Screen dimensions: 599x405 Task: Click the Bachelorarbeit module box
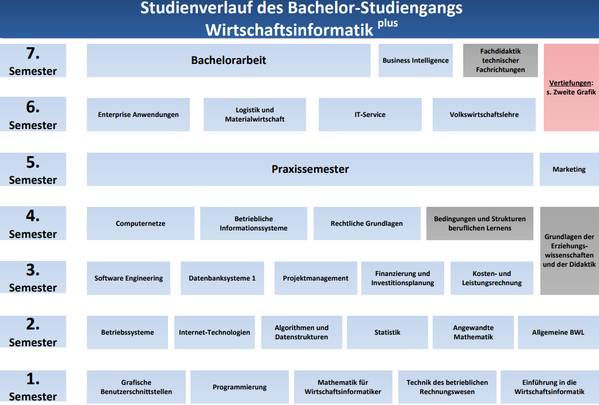[x=228, y=60]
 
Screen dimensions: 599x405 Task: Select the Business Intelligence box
[x=415, y=60]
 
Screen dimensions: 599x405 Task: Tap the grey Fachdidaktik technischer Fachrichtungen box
[x=501, y=60]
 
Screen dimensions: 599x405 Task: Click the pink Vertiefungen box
[x=571, y=88]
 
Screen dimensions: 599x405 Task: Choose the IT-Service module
[x=370, y=115]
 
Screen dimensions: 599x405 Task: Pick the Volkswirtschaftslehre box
[x=484, y=115]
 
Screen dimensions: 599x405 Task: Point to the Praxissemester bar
[x=310, y=169]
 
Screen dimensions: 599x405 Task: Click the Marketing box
[x=569, y=169]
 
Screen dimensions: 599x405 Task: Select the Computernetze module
[x=140, y=224]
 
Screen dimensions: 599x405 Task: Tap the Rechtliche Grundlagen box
[x=367, y=224]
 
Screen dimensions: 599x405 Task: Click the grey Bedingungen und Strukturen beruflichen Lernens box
[x=480, y=224]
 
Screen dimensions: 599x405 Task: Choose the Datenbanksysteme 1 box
[x=222, y=278]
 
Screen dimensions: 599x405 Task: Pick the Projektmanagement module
[x=315, y=278]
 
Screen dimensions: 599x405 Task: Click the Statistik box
[x=387, y=332]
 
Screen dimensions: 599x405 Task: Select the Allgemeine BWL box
[x=558, y=332]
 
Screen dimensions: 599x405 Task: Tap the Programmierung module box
[x=239, y=387]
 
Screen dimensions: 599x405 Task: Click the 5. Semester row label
[x=33, y=169]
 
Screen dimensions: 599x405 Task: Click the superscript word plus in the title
[x=388, y=24]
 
